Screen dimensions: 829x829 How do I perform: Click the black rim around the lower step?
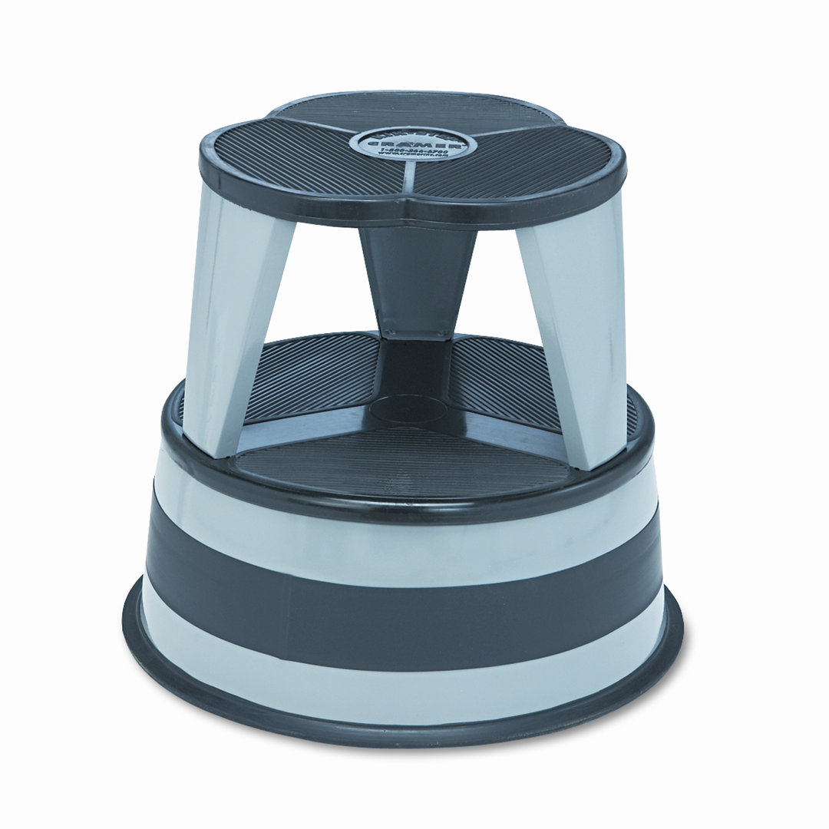point(414,503)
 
